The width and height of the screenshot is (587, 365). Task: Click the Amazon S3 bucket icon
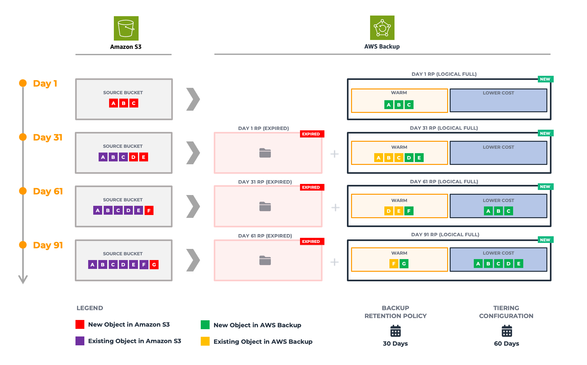coord(126,28)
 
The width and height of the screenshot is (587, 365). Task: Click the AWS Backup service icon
coord(382,28)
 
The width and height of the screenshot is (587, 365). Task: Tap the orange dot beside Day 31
coord(23,137)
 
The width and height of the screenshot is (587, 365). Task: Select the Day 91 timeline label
coord(48,245)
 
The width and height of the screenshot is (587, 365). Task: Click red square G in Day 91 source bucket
coord(154,264)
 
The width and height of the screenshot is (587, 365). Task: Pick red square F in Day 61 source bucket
coord(149,210)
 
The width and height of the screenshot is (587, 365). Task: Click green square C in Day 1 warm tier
coord(409,105)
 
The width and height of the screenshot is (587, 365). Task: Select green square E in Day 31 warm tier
coord(419,158)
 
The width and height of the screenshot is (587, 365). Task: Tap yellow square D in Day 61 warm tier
coord(388,211)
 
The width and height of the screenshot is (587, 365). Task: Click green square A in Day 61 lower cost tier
coord(488,211)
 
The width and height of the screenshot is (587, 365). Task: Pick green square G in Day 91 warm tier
coord(404,264)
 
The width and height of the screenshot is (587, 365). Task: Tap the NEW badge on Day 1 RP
coord(545,79)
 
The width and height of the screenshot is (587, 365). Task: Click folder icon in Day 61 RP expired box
coord(265,260)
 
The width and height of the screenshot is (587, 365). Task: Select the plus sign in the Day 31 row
coord(335,154)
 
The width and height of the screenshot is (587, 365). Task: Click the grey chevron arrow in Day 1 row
coord(193,99)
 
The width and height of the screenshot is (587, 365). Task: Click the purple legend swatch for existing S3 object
coord(80,341)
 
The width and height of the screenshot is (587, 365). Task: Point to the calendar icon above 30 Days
coord(395,331)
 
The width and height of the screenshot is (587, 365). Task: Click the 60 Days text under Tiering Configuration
coord(506,343)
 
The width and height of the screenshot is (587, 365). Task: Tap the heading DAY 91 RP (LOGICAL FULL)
coord(445,234)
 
